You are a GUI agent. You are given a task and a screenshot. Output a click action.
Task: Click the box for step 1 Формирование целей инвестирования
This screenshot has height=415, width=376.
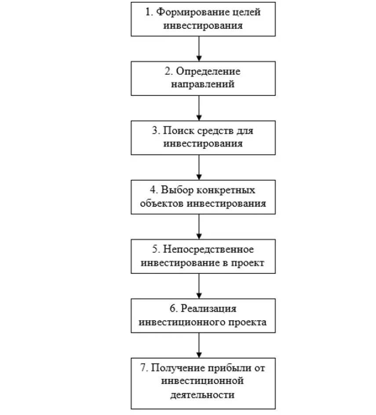203,19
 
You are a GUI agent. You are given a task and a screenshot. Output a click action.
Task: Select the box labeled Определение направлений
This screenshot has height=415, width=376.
203,78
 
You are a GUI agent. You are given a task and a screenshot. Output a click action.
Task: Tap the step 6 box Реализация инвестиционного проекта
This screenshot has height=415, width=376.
203,316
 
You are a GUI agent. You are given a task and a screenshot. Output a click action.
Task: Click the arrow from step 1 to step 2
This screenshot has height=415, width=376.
199,48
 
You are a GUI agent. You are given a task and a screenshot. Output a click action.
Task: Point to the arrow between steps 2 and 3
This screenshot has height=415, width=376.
199,108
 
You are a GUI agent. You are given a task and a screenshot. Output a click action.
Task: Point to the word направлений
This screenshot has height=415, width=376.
203,84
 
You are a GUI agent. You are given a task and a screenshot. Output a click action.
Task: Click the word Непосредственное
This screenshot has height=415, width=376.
209,250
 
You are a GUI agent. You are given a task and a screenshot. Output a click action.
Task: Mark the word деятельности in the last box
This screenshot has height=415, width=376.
203,394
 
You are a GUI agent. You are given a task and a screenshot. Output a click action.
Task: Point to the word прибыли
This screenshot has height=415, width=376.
232,367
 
